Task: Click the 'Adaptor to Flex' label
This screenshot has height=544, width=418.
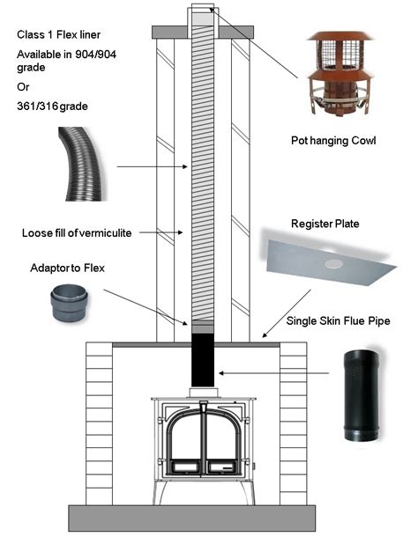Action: (x=64, y=267)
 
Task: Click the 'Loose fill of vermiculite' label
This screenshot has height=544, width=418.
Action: (x=76, y=233)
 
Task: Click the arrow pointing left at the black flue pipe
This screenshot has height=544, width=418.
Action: (x=265, y=373)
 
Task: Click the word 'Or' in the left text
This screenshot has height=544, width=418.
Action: (x=23, y=86)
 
